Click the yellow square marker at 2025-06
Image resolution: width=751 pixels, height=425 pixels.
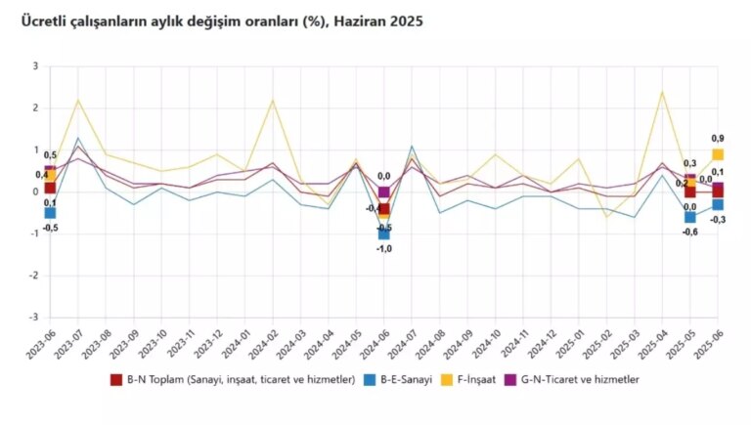pyautogui.click(x=718, y=154)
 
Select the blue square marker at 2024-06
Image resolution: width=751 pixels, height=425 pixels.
pyautogui.click(x=384, y=234)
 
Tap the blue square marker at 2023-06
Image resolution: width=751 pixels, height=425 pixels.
pyautogui.click(x=50, y=212)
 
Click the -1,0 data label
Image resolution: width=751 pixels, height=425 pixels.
pyautogui.click(x=385, y=249)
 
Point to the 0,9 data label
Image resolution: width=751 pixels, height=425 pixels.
pyautogui.click(x=718, y=138)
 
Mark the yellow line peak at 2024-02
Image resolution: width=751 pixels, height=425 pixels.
pyautogui.click(x=273, y=100)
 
